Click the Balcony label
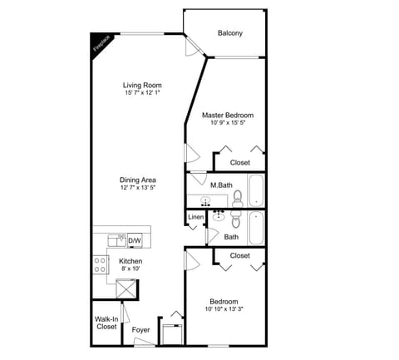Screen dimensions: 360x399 [x=230, y=33]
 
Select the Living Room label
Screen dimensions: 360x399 [x=142, y=85]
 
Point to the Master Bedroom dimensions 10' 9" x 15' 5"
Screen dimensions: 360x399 [x=228, y=123]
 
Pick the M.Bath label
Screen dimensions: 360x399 [x=220, y=185]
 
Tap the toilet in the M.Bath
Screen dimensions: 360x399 [x=238, y=197]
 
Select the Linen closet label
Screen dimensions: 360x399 [x=195, y=218]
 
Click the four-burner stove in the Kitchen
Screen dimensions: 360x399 [x=100, y=264]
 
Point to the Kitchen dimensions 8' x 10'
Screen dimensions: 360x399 [x=131, y=269]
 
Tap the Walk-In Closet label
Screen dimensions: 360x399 [x=106, y=323]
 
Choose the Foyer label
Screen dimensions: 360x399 [x=140, y=330]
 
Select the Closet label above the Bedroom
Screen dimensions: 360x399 [x=240, y=255]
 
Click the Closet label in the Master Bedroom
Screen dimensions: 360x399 [x=240, y=162]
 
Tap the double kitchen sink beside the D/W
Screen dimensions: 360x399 [x=117, y=240]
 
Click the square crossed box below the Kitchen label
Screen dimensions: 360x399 [x=126, y=288]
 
